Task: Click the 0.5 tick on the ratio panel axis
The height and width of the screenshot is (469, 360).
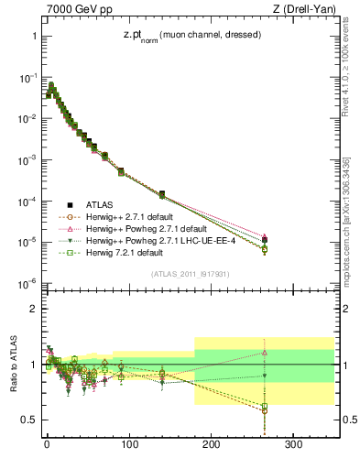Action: [x=29, y=420]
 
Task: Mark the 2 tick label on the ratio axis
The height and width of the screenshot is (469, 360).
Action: [x=33, y=309]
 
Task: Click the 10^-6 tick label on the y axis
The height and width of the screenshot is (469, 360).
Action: [x=27, y=283]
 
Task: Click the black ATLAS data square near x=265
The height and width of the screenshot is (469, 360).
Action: [x=264, y=241]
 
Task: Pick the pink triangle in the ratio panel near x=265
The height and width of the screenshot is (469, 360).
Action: [x=264, y=352]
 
